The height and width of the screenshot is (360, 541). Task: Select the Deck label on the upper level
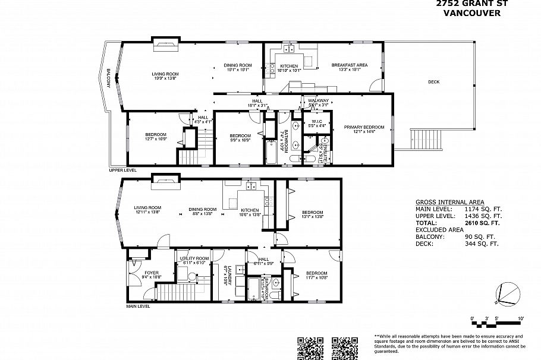[434, 82]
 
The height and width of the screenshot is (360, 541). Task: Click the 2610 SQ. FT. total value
[482, 223]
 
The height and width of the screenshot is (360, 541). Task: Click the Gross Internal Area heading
[449, 202]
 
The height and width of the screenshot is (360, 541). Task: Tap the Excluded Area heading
[440, 229]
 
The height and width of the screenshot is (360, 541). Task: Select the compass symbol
[506, 292]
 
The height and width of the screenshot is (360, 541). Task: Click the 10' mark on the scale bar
[521, 319]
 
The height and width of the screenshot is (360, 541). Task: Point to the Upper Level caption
[123, 170]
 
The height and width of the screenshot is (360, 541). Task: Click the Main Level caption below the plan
[137, 307]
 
